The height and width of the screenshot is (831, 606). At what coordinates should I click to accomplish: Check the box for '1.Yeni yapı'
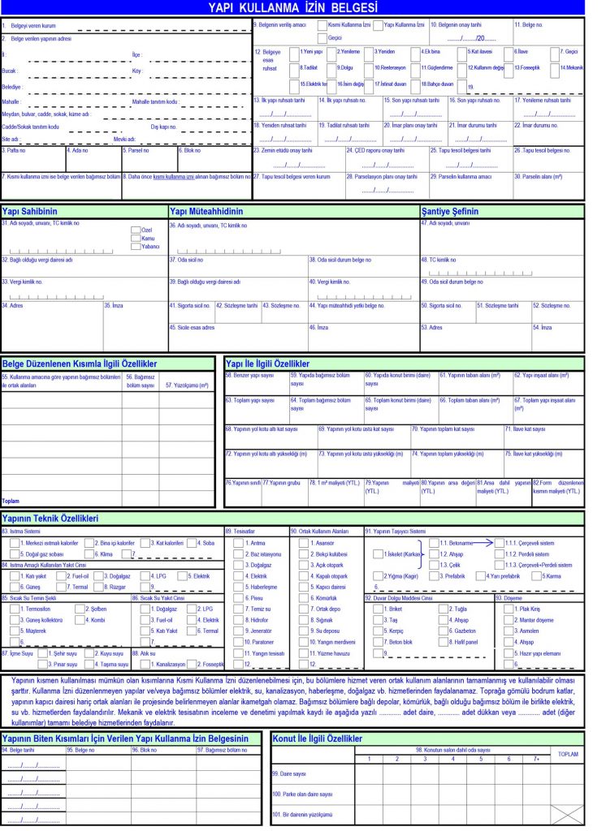pyautogui.click(x=293, y=52)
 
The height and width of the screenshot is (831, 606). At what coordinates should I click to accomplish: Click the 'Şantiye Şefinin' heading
pyautogui.click(x=450, y=211)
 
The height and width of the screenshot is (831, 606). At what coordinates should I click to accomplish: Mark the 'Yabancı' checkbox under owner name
pyautogui.click(x=135, y=246)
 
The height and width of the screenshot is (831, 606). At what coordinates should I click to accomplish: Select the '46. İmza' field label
pyautogui.click(x=318, y=327)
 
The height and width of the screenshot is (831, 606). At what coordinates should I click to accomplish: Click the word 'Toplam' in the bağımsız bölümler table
pyautogui.click(x=11, y=501)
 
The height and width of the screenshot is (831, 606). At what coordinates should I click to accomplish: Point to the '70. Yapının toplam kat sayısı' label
pyautogui.click(x=450, y=428)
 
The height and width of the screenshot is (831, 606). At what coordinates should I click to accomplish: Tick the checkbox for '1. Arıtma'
pyautogui.click(x=238, y=542)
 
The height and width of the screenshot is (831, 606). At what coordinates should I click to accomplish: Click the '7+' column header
pyautogui.click(x=535, y=759)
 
